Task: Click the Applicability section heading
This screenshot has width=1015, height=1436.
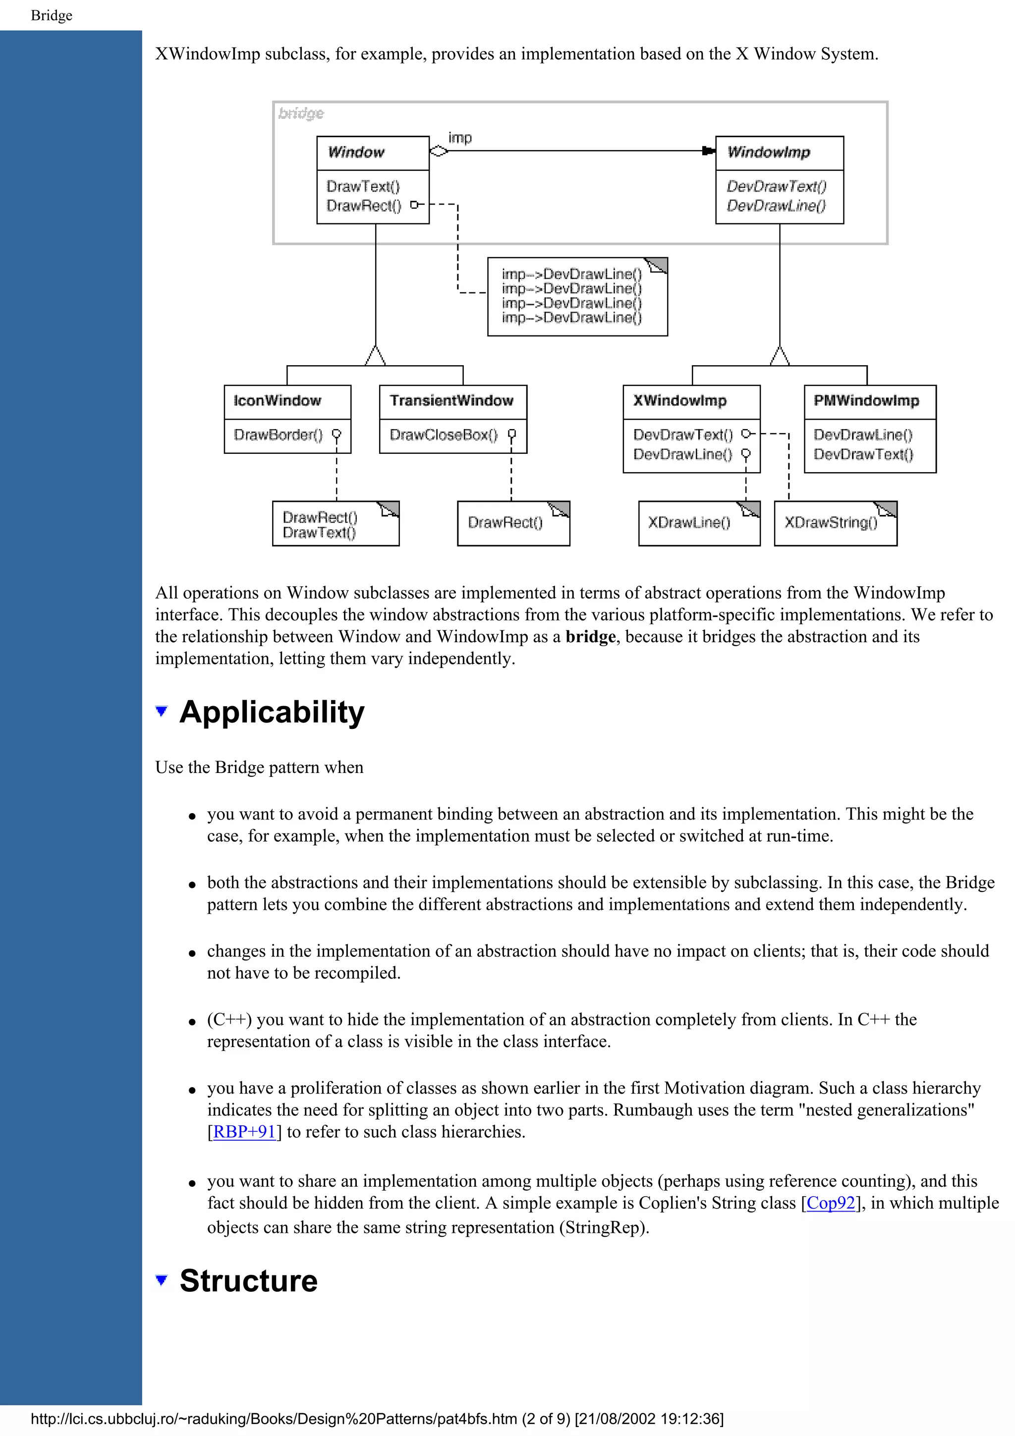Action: click(x=272, y=713)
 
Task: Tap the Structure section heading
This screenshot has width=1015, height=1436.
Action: click(x=248, y=1280)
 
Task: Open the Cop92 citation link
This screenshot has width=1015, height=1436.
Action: click(x=831, y=1203)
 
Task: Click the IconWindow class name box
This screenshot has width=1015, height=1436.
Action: click(x=277, y=401)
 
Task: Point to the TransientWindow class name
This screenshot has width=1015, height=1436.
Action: click(x=451, y=401)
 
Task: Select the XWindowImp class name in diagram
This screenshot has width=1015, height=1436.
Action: click(x=680, y=401)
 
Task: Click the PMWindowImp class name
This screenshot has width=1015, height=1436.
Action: click(x=866, y=401)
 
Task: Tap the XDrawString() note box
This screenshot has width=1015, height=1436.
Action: click(x=831, y=523)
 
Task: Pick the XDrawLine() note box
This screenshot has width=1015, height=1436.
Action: click(x=689, y=523)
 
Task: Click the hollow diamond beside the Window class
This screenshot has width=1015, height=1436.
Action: click(x=439, y=151)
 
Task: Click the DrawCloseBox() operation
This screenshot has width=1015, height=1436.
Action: click(x=444, y=435)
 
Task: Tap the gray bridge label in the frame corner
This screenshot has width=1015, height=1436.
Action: click(x=301, y=113)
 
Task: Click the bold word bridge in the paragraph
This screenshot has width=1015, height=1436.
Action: click(x=590, y=637)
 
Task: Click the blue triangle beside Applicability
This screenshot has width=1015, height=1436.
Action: click(x=162, y=711)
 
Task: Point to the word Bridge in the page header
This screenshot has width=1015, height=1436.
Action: click(x=51, y=16)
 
